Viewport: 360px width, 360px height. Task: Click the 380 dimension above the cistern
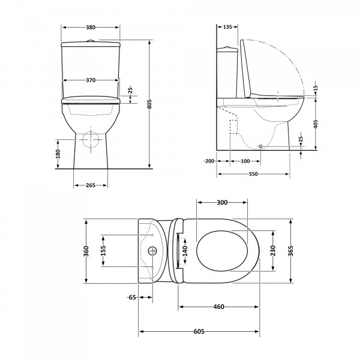pos(91,28)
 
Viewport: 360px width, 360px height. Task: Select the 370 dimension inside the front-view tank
pos(91,80)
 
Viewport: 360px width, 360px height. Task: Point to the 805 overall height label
pos(149,104)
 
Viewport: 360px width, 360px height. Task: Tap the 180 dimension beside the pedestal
pos(58,154)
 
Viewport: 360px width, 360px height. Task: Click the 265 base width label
pos(91,185)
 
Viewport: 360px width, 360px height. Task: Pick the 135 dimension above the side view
pos(227,27)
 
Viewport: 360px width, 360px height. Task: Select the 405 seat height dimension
pos(316,124)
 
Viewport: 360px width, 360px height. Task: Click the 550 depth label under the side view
pos(253,174)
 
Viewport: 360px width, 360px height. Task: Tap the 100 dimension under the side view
pos(245,161)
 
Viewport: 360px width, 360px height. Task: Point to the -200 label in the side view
pos(209,161)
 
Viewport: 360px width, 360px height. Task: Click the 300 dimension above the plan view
pos(222,203)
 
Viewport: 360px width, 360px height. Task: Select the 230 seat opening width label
pos(273,251)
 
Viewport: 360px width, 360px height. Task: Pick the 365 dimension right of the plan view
pos(290,251)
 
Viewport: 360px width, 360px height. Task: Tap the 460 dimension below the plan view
pos(218,307)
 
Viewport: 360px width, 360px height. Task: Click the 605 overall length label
pos(199,332)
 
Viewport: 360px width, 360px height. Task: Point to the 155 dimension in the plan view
pos(103,251)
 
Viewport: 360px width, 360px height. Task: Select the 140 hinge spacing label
pos(185,251)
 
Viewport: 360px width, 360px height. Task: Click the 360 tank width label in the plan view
pos(86,251)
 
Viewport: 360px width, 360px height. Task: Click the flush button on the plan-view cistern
pos(152,251)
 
